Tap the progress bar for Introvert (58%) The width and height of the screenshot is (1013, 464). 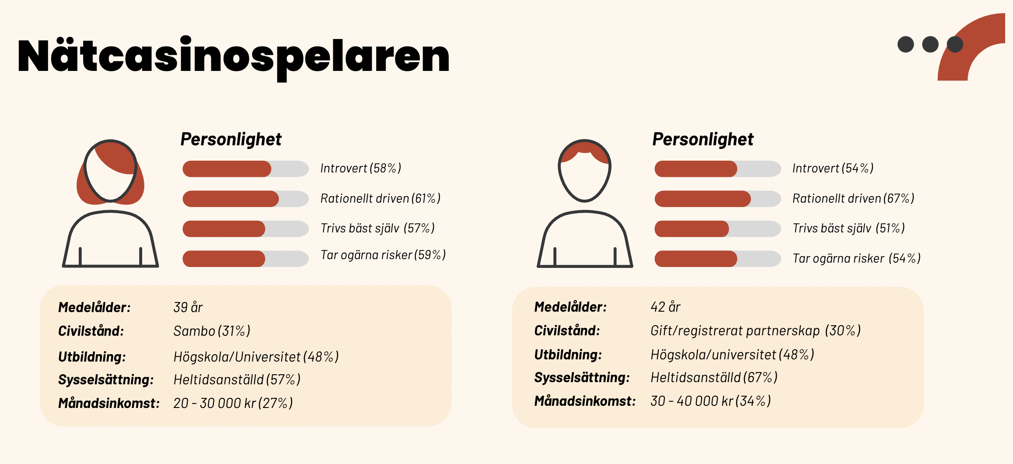[245, 169]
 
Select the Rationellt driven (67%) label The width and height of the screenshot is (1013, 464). [853, 199]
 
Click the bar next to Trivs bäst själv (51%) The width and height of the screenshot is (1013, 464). [717, 229]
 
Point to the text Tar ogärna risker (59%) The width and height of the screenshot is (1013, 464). [383, 255]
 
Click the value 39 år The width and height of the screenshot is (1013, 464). [188, 307]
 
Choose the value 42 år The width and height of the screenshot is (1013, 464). [665, 307]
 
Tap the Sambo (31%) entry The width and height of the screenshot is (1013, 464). [212, 331]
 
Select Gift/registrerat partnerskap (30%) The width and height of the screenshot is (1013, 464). [755, 330]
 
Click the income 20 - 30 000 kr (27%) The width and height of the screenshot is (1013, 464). [233, 403]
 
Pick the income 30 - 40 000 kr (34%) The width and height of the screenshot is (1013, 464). [710, 401]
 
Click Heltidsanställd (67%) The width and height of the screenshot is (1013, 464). [714, 377]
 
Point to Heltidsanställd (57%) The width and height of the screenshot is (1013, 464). [237, 380]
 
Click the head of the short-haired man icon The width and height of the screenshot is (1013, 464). [584, 173]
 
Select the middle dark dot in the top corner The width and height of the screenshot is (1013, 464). [930, 44]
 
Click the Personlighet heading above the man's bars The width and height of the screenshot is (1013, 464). [702, 140]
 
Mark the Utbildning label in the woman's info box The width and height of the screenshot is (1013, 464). [92, 357]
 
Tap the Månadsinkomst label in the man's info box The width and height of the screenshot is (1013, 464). [584, 401]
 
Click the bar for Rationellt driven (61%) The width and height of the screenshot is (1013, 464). [245, 199]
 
